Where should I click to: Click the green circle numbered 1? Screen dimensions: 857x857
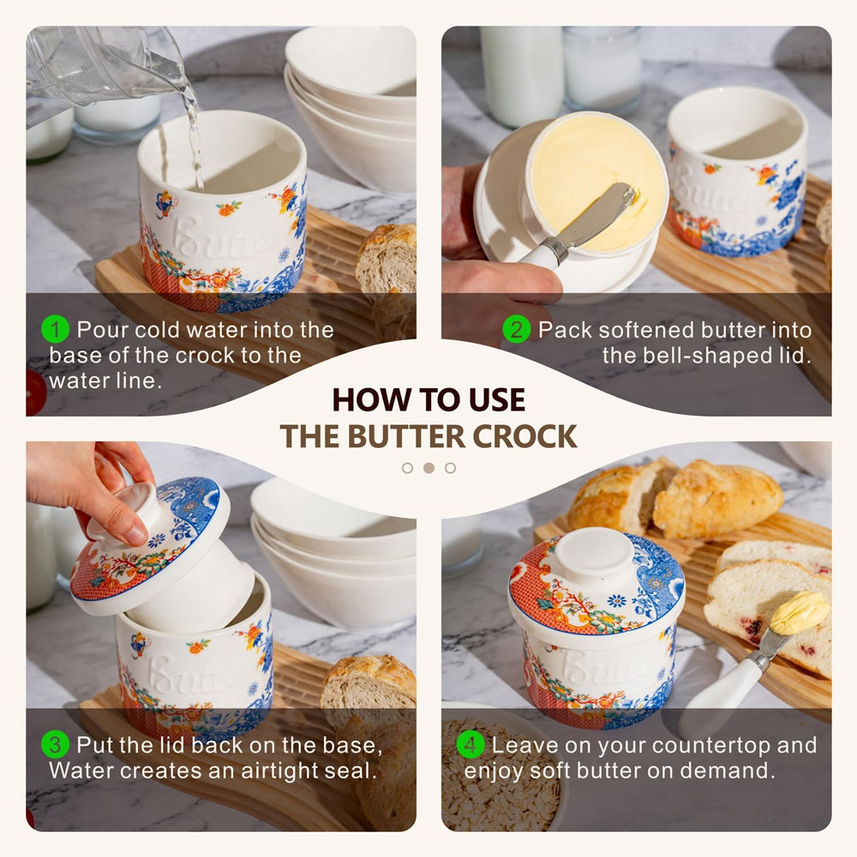tap(55, 330)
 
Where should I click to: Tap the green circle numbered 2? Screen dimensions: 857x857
tap(517, 330)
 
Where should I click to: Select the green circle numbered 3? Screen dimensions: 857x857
tap(55, 745)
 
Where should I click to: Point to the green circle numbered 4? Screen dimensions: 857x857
tap(470, 745)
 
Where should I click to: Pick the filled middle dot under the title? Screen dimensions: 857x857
tap(429, 468)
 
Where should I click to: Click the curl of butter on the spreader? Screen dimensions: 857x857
tap(799, 612)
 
